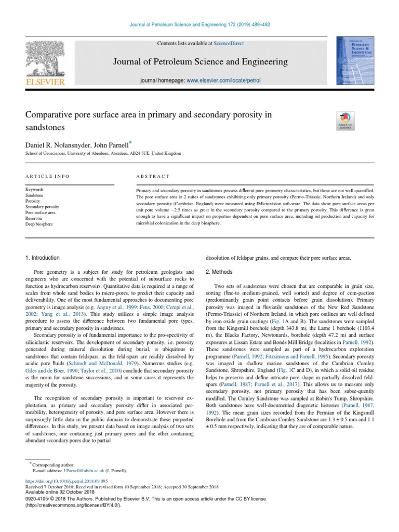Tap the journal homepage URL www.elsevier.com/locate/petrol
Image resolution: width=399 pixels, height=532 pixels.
tap(223, 81)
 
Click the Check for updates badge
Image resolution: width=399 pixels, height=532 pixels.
tap(345, 121)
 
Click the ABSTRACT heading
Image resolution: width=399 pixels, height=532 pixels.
tap(153, 177)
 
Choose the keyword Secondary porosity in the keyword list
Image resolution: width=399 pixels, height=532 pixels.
tap(42, 206)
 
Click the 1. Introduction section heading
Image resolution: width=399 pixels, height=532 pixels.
tap(42, 258)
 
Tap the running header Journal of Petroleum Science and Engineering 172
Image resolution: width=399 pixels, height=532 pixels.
tap(199, 24)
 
